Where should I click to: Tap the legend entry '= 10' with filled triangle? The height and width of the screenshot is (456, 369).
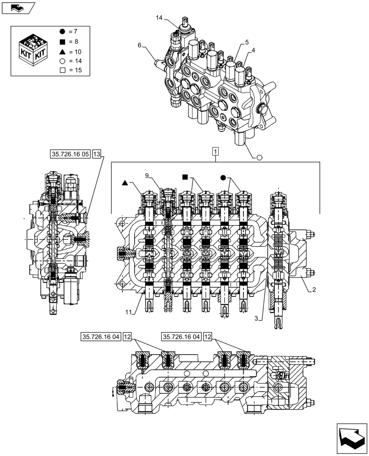pyautogui.click(x=69, y=51)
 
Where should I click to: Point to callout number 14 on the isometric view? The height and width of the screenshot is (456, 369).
pyautogui.click(x=159, y=18)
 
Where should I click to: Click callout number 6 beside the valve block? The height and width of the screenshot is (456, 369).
pyautogui.click(x=140, y=45)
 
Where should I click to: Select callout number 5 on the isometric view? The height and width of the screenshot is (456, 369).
pyautogui.click(x=247, y=42)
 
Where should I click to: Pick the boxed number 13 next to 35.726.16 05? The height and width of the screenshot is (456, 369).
pyautogui.click(x=96, y=154)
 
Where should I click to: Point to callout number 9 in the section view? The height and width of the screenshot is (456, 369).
pyautogui.click(x=148, y=176)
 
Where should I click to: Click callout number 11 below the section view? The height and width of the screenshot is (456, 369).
pyautogui.click(x=130, y=312)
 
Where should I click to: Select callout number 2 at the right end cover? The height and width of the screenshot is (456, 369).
pyautogui.click(x=314, y=289)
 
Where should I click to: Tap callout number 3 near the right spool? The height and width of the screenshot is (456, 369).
pyautogui.click(x=257, y=318)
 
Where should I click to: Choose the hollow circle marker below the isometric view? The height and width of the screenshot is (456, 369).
pyautogui.click(x=259, y=158)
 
